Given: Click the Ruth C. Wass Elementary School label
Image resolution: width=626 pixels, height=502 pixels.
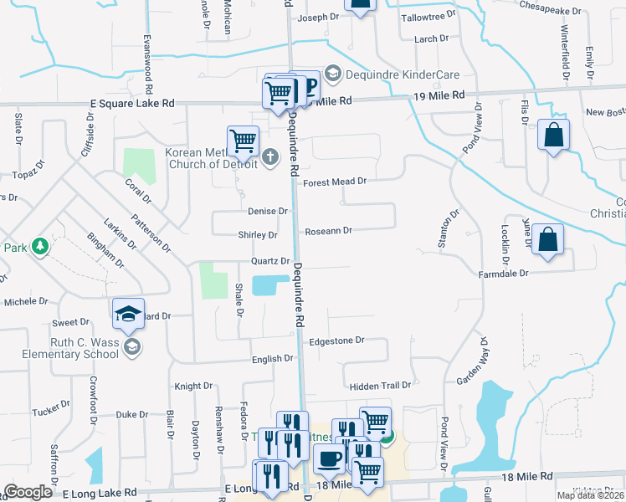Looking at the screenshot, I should tap(73, 347).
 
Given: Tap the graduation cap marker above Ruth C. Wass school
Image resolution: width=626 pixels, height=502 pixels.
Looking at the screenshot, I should tap(127, 314).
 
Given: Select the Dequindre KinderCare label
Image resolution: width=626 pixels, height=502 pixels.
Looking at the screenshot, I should tap(384, 74).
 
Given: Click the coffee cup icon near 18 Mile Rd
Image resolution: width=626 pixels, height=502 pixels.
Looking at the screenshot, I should tap(329, 458).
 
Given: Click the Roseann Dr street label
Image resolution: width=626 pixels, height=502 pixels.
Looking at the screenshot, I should tap(328, 230).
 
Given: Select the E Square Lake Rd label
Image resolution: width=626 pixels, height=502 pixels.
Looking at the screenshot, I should tap(132, 104).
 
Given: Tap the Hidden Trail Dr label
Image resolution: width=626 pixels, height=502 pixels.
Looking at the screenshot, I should tap(381, 386).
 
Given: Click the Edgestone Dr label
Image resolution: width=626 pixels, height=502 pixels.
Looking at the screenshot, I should tap(336, 341).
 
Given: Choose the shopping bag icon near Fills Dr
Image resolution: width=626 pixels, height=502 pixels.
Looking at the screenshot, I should tap(553, 136).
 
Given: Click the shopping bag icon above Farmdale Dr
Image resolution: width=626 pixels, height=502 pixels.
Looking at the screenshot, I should tap(546, 241).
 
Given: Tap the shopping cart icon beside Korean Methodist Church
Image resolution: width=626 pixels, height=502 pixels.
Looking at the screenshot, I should tap(243, 141).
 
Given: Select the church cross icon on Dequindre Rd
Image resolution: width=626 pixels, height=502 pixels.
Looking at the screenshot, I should tap(270, 156).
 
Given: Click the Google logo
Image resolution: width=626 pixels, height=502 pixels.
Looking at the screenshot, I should tap(28, 491).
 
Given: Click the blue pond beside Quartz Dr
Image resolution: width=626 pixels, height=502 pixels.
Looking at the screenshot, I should tap(268, 285).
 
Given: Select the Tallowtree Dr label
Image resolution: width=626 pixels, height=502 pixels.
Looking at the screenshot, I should tap(428, 15).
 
